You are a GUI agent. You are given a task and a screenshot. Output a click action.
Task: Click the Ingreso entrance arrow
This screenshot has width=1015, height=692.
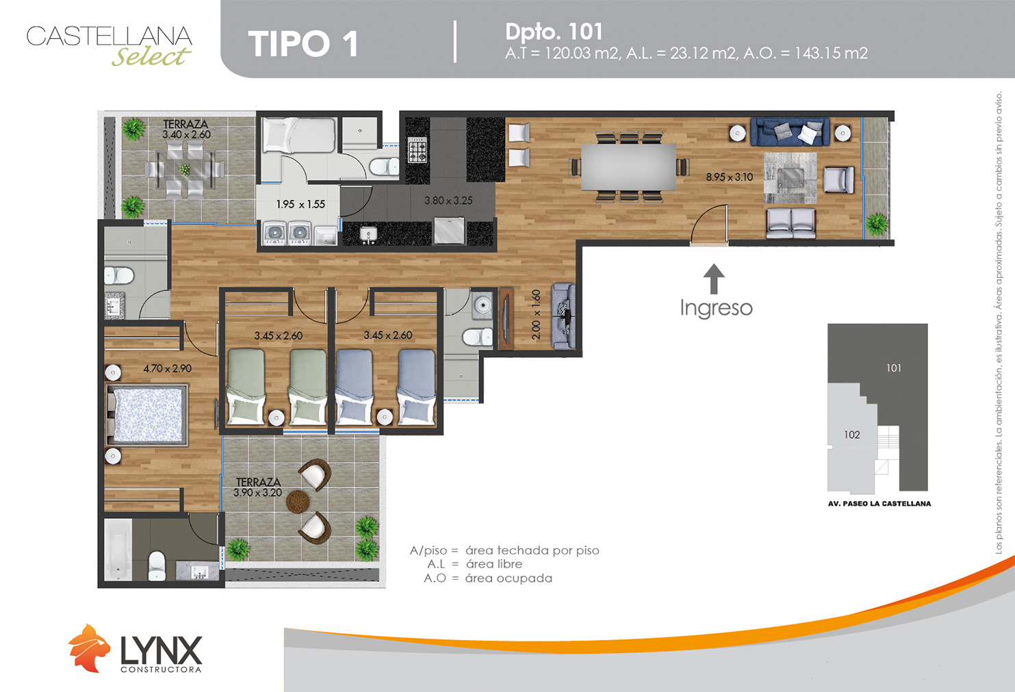[x=714, y=279]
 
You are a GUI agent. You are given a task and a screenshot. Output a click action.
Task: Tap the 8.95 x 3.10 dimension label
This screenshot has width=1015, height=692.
[x=729, y=177]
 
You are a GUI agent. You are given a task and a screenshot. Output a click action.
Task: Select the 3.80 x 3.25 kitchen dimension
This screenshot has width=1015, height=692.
[x=448, y=201]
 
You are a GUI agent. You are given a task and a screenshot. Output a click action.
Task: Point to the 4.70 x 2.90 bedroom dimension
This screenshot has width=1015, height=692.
[x=167, y=368]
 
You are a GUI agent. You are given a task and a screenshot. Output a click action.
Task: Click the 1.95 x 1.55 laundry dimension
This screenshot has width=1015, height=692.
[x=300, y=205]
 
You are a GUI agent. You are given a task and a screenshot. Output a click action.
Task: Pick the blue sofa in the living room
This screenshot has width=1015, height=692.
[x=790, y=131]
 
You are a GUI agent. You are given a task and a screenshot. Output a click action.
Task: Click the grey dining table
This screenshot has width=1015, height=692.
[x=629, y=167]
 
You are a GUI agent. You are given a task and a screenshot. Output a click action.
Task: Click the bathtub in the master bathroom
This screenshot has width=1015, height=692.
[x=118, y=549]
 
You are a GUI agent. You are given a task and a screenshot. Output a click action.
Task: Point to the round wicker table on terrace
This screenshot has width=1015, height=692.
[x=297, y=502]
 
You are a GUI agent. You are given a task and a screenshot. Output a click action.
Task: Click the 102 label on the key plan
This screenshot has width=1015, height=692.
[x=852, y=435]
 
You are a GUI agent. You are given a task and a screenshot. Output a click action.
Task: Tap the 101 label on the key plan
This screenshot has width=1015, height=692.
[x=894, y=368]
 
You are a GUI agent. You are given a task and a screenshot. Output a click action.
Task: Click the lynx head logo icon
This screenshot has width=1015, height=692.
[x=89, y=648]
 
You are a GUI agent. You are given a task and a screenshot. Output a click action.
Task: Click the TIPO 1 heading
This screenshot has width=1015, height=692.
[x=303, y=44]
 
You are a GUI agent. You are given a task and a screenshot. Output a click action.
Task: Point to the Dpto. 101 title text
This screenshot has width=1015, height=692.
[x=554, y=31]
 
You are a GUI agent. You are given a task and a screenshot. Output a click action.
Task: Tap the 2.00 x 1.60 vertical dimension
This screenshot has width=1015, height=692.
[x=536, y=315]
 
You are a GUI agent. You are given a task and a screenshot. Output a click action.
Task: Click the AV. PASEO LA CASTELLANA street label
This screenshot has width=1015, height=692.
[x=879, y=504]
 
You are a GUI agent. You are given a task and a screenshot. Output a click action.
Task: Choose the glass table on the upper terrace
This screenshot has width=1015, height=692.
[x=184, y=169]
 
